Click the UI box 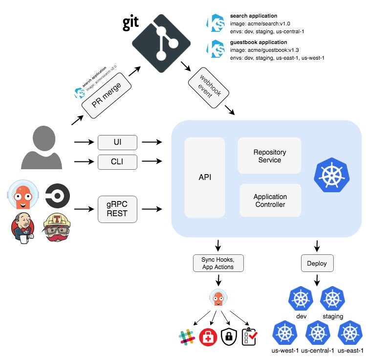tap(117, 142)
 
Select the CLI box tap(117, 162)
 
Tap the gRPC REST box tap(117, 209)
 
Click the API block tap(205, 178)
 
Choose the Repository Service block tap(269, 156)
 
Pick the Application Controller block tap(270, 201)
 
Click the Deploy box tap(317, 263)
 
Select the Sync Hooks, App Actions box tap(218, 263)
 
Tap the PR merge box tap(107, 95)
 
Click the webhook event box tap(209, 88)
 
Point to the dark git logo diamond tap(161, 44)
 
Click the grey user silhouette tap(42, 147)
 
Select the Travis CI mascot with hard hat tap(57, 227)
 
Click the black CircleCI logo tap(58, 196)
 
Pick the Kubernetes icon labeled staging tap(332, 299)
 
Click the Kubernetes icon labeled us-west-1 tap(285, 333)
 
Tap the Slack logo tap(187, 337)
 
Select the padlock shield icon tap(229, 337)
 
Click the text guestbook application tap(258, 42)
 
